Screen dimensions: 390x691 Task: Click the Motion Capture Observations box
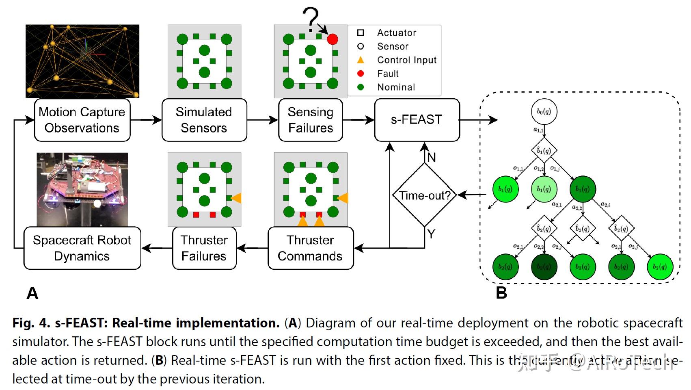[82, 120]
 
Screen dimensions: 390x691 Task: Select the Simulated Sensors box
[204, 120]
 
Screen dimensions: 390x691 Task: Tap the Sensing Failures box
[311, 120]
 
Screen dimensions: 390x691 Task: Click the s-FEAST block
[417, 120]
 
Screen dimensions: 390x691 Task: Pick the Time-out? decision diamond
[425, 195]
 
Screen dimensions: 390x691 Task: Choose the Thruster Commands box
[311, 248]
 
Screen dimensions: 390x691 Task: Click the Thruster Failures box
[204, 248]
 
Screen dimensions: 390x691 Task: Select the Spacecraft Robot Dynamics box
[82, 248]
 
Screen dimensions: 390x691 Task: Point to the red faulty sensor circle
[333, 39]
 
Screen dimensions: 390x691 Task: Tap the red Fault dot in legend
[361, 74]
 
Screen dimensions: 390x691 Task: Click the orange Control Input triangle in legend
[361, 60]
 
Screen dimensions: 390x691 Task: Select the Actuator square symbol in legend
[361, 32]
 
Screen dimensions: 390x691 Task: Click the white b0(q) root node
[544, 112]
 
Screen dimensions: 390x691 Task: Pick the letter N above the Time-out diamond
[431, 157]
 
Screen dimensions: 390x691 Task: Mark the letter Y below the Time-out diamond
[431, 234]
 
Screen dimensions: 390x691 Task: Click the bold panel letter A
[32, 293]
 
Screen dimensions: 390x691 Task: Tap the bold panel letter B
[501, 293]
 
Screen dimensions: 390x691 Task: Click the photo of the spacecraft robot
[82, 189]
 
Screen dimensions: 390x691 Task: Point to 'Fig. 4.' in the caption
[31, 323]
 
